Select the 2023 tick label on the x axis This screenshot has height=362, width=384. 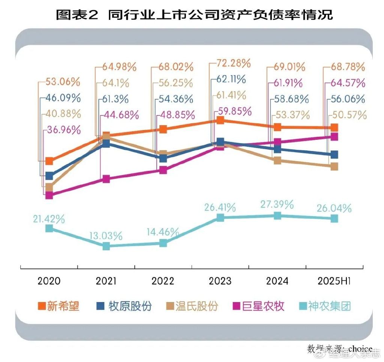click(x=220, y=281)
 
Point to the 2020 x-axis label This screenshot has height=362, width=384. click(x=49, y=281)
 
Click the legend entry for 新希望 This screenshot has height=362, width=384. click(x=59, y=306)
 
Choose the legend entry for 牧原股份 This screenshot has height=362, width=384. click(x=124, y=306)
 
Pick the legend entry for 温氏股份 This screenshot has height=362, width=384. click(x=192, y=306)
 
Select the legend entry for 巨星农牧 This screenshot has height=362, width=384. click(x=259, y=306)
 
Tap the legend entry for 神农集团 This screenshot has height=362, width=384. click(x=325, y=306)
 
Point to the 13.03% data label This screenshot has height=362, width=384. click(x=106, y=236)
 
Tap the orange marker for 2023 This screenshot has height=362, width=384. click(x=220, y=120)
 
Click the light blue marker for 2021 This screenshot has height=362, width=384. click(x=106, y=246)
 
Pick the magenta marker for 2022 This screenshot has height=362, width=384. click(x=163, y=170)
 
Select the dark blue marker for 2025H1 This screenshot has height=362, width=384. click(x=334, y=154)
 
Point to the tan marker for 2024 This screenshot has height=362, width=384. click(x=277, y=161)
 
